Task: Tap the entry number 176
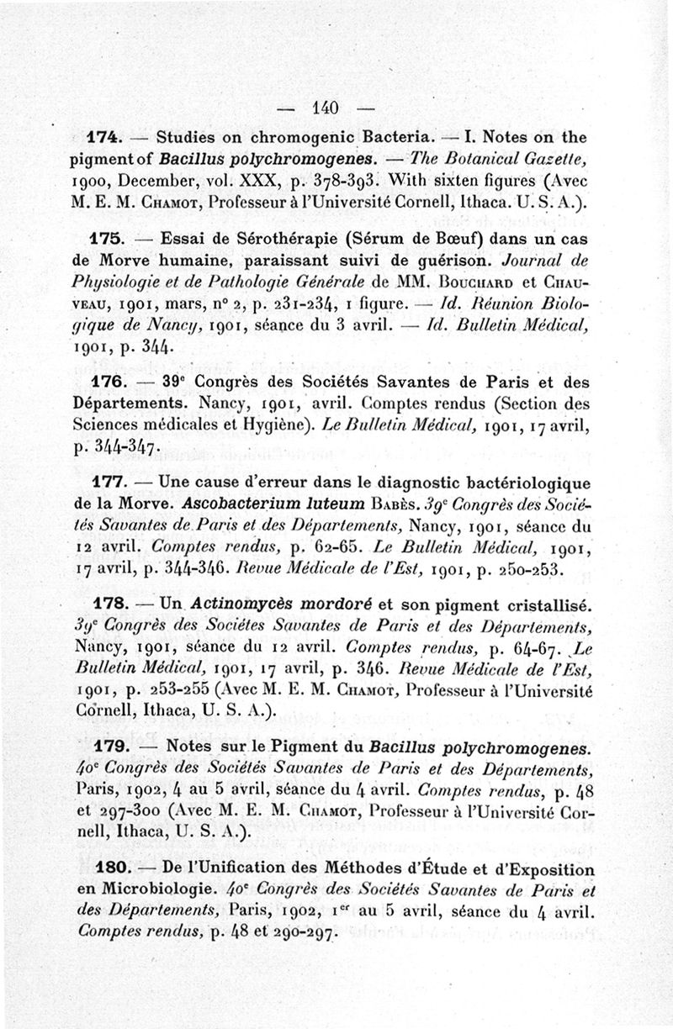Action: pos(107,382)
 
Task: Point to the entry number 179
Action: pos(107,747)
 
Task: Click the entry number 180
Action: pos(107,869)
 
